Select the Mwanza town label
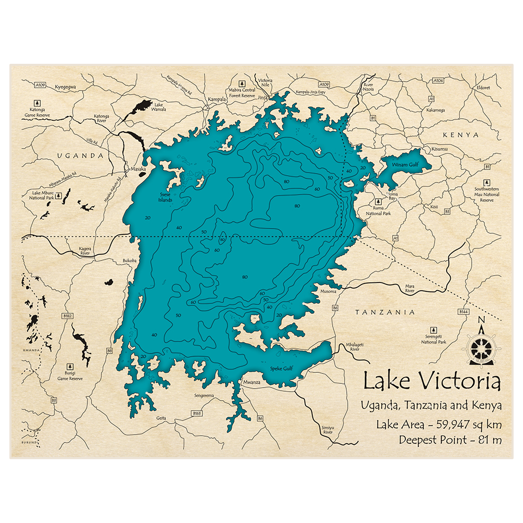tap(252, 382)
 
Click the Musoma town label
tap(328, 290)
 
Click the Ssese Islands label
tap(165, 198)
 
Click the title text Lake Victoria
tap(431, 381)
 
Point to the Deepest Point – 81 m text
tap(450, 439)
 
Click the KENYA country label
tap(460, 135)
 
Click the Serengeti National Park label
tap(434, 339)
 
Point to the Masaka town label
tap(138, 169)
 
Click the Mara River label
tap(410, 288)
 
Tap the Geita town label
tap(161, 418)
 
